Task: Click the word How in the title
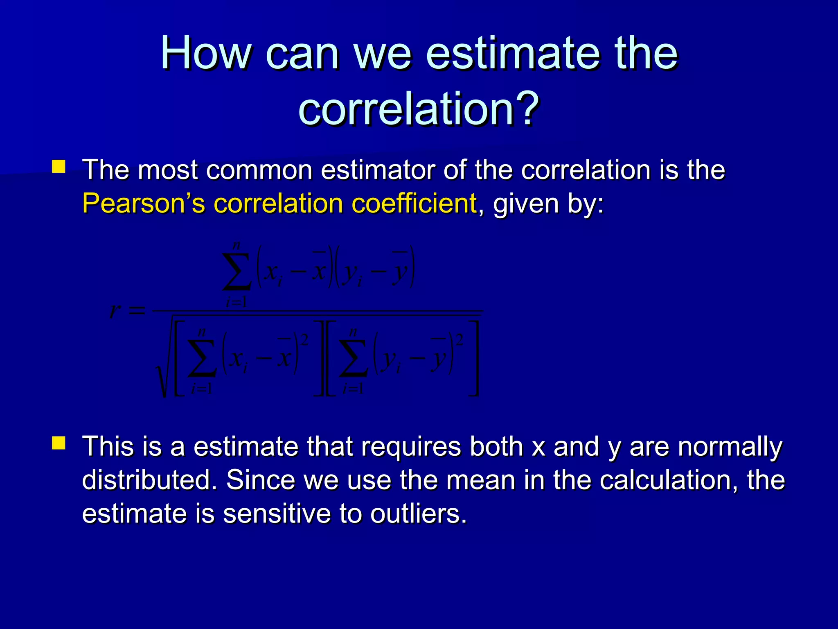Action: coord(206,53)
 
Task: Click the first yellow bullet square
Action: coord(59,167)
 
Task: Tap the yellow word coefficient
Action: coord(414,203)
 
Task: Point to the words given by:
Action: coord(548,204)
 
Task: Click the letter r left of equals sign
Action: coord(115,311)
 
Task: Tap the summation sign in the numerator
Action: coord(236,272)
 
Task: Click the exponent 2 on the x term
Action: coord(304,339)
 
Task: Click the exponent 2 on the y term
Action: coord(460,339)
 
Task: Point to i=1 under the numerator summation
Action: coord(236,303)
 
